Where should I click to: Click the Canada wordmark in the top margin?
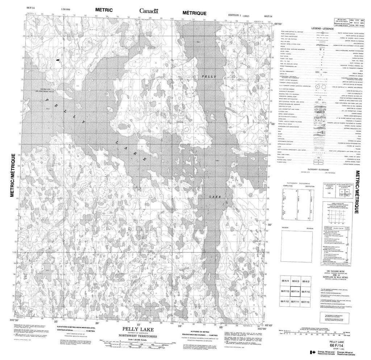coord(149,10)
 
